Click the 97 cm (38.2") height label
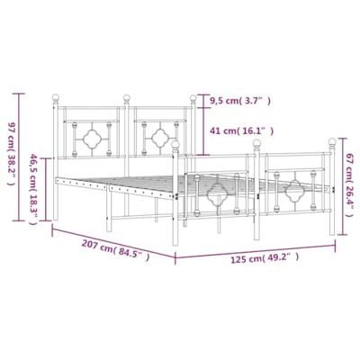point(11,154)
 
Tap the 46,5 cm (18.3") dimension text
point(33,190)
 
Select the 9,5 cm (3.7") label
point(240,101)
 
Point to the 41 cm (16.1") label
point(242,131)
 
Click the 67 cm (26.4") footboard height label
point(350,184)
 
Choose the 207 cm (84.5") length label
point(115,250)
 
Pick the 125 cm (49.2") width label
point(265,258)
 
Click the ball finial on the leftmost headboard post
point(56,97)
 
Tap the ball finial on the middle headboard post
point(127,98)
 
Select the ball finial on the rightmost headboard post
point(193,98)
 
